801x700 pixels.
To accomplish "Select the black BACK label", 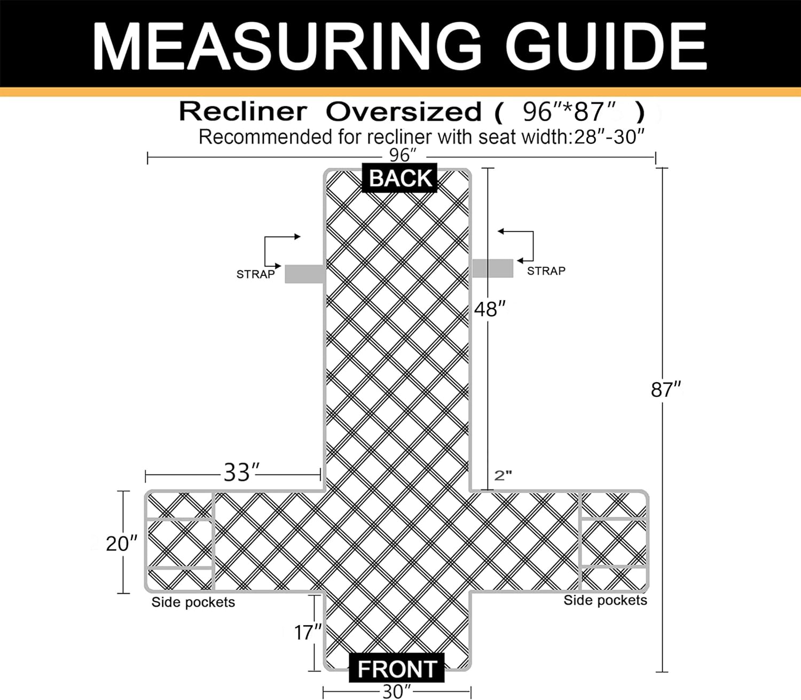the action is (x=399, y=178).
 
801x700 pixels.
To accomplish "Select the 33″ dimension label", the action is (x=241, y=472).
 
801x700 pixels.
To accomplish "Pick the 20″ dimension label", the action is (x=121, y=544).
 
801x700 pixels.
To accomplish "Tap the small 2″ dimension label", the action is (x=502, y=476).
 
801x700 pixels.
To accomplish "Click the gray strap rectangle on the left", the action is (x=304, y=274).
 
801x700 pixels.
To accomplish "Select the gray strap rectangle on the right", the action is (x=492, y=268).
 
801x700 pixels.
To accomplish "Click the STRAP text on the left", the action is (x=256, y=274).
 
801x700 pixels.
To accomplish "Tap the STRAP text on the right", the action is (x=546, y=271).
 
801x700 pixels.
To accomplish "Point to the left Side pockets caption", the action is (x=193, y=602).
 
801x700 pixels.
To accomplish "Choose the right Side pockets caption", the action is (x=605, y=600).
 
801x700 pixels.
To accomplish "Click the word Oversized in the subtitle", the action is (x=404, y=112).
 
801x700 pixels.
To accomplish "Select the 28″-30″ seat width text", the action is (x=609, y=137).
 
